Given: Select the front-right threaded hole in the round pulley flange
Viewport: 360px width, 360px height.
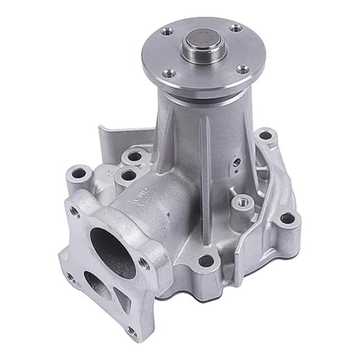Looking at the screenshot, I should tap(242, 69).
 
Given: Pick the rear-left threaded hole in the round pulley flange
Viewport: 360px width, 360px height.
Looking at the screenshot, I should tap(166, 32).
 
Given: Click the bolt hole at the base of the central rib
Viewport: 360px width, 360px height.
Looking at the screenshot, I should tap(206, 260).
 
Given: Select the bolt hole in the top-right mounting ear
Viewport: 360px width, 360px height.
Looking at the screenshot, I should tap(265, 136).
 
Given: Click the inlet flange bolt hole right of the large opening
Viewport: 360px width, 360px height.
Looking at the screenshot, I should tap(145, 263).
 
